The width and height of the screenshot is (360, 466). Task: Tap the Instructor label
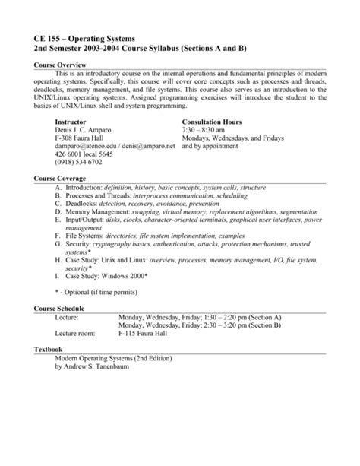click(72, 121)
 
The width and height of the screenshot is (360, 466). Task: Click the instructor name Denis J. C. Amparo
click(90, 130)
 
